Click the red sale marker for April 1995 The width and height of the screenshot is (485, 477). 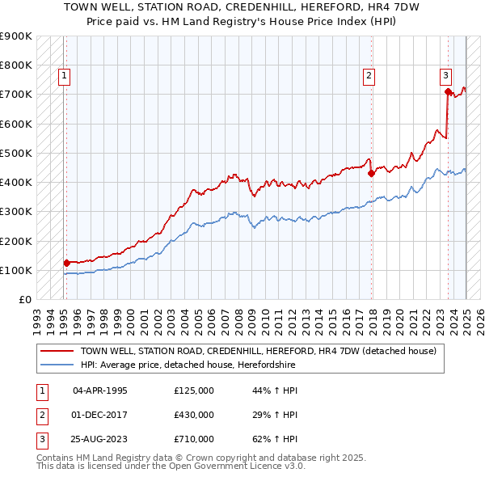point(66,262)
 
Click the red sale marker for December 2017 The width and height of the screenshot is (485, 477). point(371,173)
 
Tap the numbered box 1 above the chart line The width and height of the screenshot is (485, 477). point(64,77)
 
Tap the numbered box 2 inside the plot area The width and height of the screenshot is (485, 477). point(369,77)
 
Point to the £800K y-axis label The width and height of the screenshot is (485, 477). point(16,65)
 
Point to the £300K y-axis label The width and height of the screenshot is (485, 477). point(16,212)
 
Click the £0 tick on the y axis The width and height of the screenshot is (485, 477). point(24,299)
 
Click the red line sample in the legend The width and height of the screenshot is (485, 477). point(57,351)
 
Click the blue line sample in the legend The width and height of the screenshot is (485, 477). point(57,365)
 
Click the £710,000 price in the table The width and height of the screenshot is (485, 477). point(194,439)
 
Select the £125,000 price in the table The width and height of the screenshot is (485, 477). point(194,390)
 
